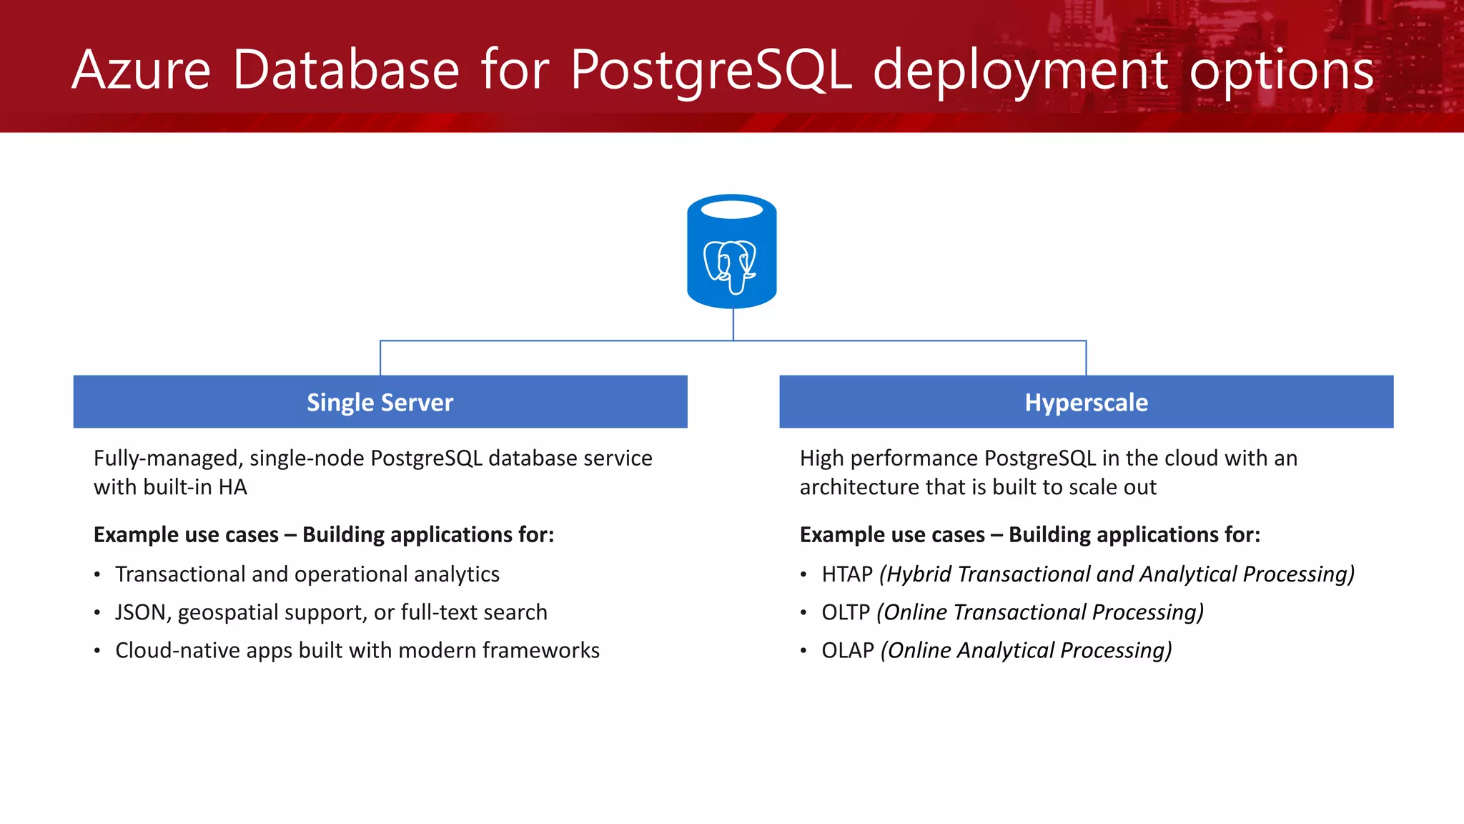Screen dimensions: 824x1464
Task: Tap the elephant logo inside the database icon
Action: pyautogui.click(x=730, y=266)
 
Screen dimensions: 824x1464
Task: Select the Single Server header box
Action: pyautogui.click(x=380, y=402)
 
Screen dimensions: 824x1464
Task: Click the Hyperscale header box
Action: pyautogui.click(x=1086, y=402)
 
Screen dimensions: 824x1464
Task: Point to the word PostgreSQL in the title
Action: pyautogui.click(x=711, y=70)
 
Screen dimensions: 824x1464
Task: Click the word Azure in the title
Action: pyautogui.click(x=142, y=70)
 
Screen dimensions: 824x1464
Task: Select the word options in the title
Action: pyautogui.click(x=1281, y=70)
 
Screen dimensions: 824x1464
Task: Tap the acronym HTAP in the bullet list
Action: pyautogui.click(x=847, y=574)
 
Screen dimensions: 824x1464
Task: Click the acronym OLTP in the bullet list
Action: pyautogui.click(x=846, y=612)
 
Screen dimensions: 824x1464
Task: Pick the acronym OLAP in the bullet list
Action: pyautogui.click(x=848, y=650)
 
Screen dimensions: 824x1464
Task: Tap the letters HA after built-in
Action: pyautogui.click(x=232, y=487)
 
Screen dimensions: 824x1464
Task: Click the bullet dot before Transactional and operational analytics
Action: pyautogui.click(x=97, y=575)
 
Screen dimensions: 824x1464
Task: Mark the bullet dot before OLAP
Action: pyautogui.click(x=803, y=651)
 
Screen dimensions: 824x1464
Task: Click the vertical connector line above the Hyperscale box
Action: pyautogui.click(x=1086, y=358)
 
